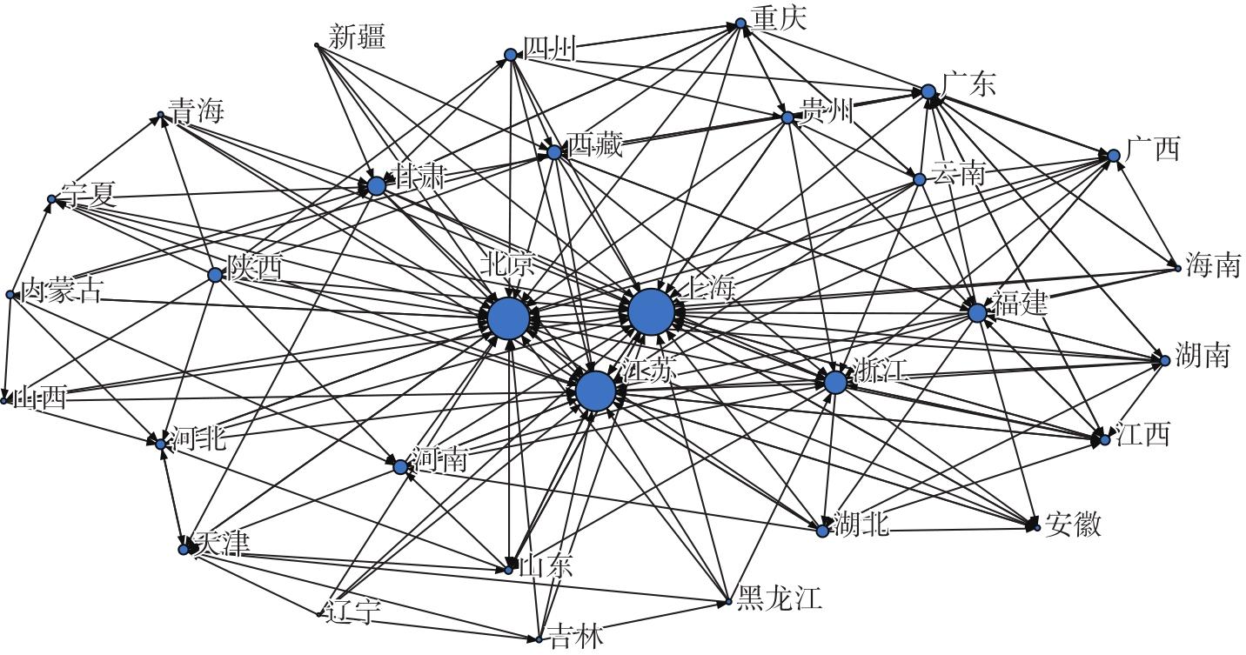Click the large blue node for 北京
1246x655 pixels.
pos(508,318)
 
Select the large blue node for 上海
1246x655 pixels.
pos(651,312)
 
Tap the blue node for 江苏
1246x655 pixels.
pos(596,391)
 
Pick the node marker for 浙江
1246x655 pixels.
pos(835,382)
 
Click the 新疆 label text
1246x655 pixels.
pos(357,37)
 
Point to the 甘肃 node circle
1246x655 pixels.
pos(376,185)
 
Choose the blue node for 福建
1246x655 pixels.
pos(977,313)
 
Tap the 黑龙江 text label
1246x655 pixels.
pos(778,598)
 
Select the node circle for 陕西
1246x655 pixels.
pos(215,275)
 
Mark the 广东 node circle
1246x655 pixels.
pos(928,91)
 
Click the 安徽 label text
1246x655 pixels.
pos(1074,524)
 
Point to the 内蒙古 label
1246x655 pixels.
pos(60,291)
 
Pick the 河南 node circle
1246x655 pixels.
pos(400,467)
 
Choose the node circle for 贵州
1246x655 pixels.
pos(787,117)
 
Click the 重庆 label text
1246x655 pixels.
pos(780,18)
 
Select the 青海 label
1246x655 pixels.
pos(196,111)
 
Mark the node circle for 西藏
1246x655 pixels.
pos(554,152)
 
